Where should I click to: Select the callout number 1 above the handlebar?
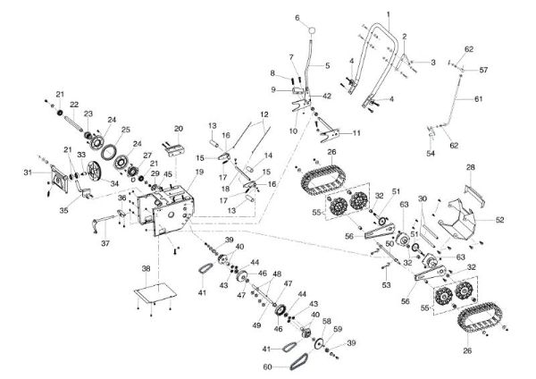point(388,13)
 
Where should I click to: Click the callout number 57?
point(484,69)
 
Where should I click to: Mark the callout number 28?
point(471,167)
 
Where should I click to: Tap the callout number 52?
point(498,217)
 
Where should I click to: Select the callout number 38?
point(146,268)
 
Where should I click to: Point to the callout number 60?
point(268,366)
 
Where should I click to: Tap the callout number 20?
point(179,129)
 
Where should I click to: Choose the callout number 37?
point(105,242)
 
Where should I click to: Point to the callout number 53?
point(387,285)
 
